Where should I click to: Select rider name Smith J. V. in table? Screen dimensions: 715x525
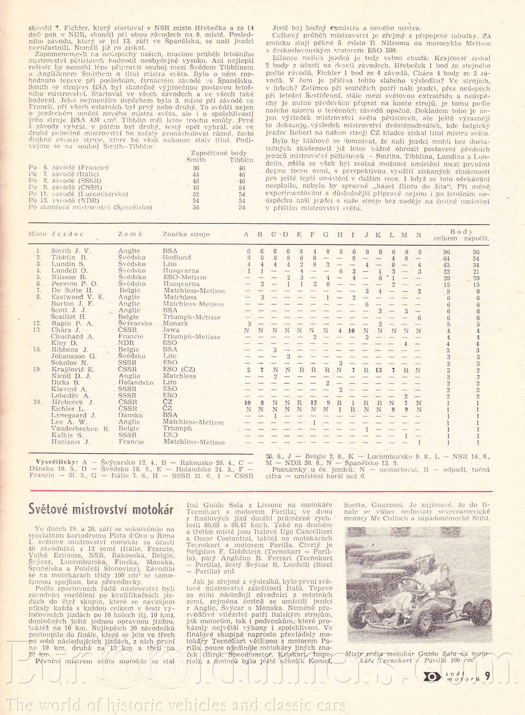pyautogui.click(x=71, y=251)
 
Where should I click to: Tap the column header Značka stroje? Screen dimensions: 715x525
pyautogui.click(x=186, y=234)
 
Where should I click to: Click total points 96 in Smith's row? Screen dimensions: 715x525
pyautogui.click(x=447, y=252)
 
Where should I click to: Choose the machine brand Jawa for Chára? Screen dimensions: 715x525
pyautogui.click(x=171, y=330)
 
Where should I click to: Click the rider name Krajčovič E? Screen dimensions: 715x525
pyautogui.click(x=73, y=369)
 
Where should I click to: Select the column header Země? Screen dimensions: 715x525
pyautogui.click(x=130, y=234)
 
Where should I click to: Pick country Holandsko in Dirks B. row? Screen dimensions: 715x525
pyautogui.click(x=136, y=383)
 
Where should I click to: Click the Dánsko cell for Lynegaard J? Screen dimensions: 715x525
pyautogui.click(x=130, y=415)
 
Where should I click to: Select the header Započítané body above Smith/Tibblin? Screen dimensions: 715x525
pyautogui.click(x=219, y=153)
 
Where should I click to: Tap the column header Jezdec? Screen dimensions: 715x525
pyautogui.click(x=67, y=234)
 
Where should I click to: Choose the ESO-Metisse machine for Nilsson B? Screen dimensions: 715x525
pyautogui.click(x=184, y=277)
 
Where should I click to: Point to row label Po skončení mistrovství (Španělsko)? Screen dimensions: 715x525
pyautogui.click(x=90, y=207)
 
